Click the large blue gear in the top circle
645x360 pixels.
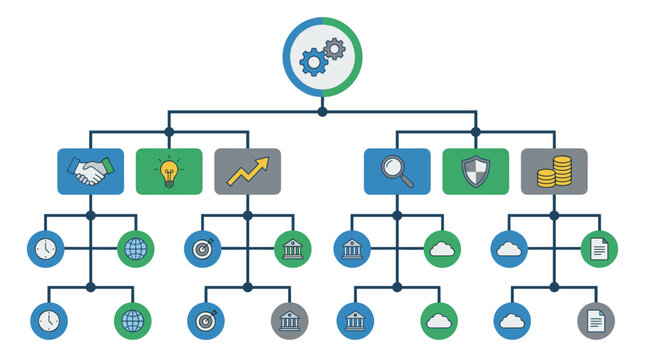[x=314, y=62]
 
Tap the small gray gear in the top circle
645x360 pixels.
[x=334, y=48]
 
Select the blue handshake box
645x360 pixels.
[x=91, y=171]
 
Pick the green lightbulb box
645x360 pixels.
[x=169, y=171]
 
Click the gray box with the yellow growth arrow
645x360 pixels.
[x=247, y=171]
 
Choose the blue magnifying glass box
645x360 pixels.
[x=397, y=171]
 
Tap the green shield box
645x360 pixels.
[x=475, y=171]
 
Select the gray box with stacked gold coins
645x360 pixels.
[x=553, y=171]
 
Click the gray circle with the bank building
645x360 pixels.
[x=290, y=320]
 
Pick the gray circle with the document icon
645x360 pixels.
[x=596, y=320]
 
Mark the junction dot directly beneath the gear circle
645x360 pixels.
[x=322, y=111]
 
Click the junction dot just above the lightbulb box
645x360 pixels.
[x=169, y=131]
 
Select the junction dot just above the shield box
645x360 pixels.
[x=475, y=131]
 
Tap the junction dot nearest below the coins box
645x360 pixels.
[x=553, y=214]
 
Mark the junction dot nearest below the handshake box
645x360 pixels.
[x=91, y=214]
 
